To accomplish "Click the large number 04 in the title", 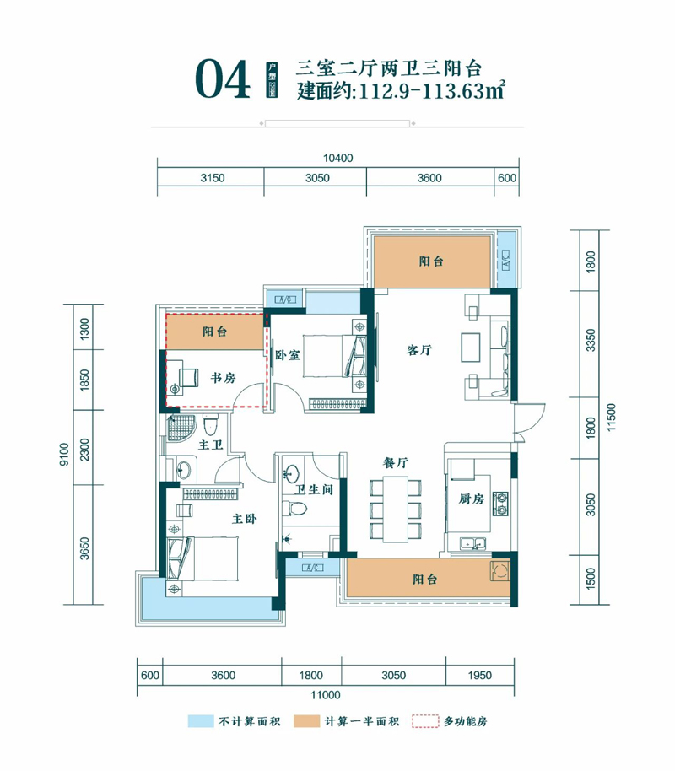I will click(223, 80).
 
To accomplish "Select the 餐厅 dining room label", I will click(396, 463).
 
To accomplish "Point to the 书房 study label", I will click(224, 379).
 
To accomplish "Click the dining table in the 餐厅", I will click(396, 510).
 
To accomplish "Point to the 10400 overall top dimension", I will click(337, 158).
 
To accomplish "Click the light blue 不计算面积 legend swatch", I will click(200, 722).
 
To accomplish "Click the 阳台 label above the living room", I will click(431, 261).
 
